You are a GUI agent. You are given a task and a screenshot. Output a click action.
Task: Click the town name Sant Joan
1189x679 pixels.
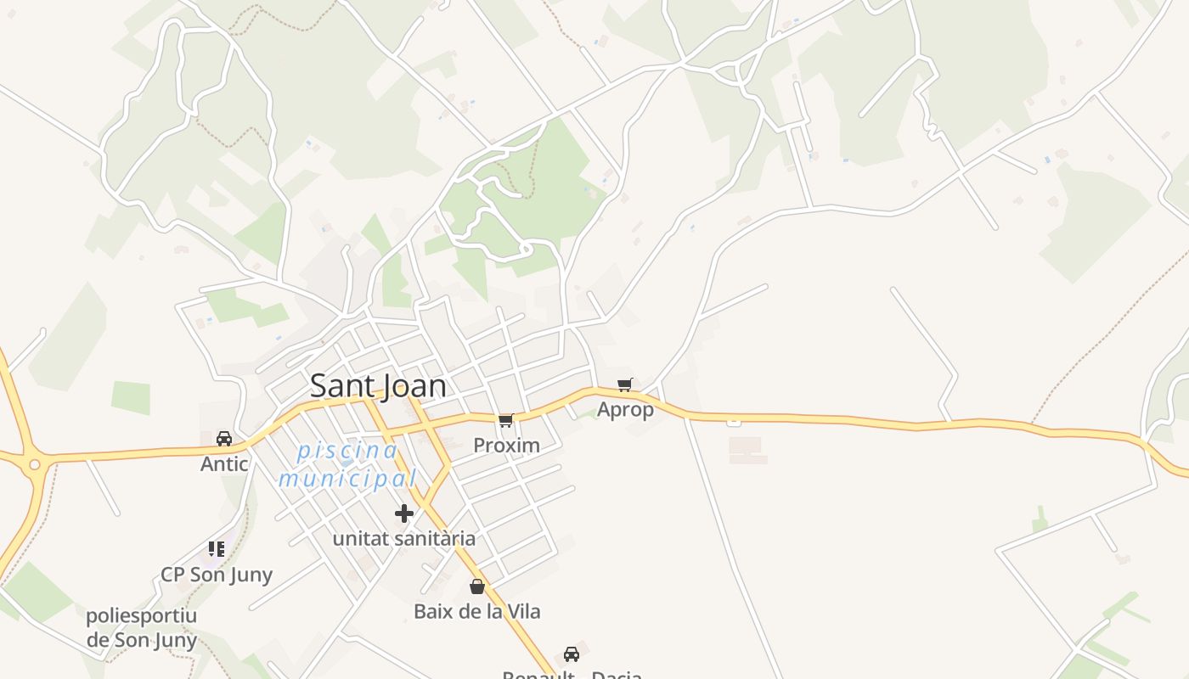pyautogui.click(x=378, y=386)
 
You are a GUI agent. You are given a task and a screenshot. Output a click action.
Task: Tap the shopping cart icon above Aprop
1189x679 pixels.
pyautogui.click(x=625, y=385)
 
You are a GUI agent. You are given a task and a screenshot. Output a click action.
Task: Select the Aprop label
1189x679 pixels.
pyautogui.click(x=626, y=410)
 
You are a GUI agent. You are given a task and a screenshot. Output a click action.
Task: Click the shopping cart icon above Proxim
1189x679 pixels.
pyautogui.click(x=506, y=420)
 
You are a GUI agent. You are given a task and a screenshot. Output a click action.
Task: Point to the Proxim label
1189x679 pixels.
pyautogui.click(x=506, y=446)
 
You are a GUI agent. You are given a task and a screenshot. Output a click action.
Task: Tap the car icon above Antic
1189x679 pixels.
pyautogui.click(x=224, y=439)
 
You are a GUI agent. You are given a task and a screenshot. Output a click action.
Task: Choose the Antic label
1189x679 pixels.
pyautogui.click(x=224, y=464)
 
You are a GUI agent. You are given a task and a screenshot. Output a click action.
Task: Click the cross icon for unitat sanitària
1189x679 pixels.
pyautogui.click(x=404, y=513)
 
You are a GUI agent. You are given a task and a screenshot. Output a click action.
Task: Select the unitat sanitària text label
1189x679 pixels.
pyautogui.click(x=404, y=539)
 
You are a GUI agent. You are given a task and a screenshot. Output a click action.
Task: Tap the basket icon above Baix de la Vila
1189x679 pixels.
pyautogui.click(x=477, y=586)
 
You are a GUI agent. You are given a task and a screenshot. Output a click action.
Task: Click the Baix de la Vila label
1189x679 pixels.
pyautogui.click(x=477, y=611)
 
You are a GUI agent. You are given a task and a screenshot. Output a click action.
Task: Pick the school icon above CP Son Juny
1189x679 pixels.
pyautogui.click(x=217, y=549)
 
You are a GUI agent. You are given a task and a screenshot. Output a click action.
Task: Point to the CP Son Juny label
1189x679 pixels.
pyautogui.click(x=217, y=575)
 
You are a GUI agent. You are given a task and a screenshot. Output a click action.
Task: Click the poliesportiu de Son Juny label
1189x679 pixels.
pyautogui.click(x=142, y=628)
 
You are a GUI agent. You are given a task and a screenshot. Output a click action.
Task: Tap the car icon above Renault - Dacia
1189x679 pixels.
pyautogui.click(x=572, y=654)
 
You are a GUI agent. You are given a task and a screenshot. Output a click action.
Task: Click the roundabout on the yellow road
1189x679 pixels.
pyautogui.click(x=34, y=464)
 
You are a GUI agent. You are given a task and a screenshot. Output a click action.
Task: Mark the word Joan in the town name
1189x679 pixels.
pyautogui.click(x=414, y=386)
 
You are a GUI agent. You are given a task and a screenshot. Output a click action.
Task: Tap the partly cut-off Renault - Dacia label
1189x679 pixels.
pyautogui.click(x=572, y=675)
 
